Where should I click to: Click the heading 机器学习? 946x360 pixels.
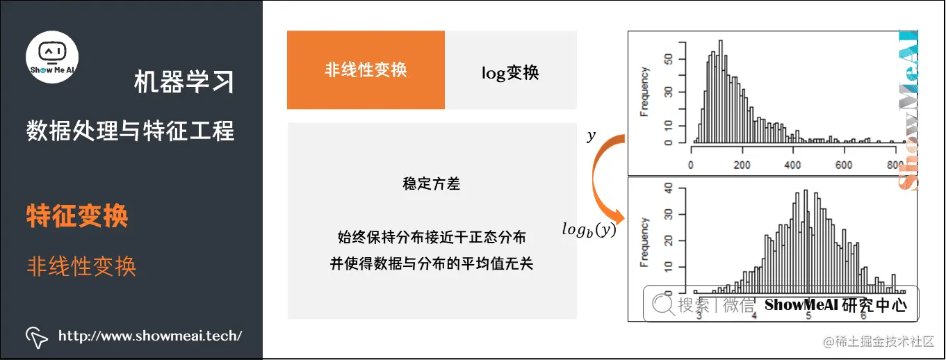coord(184,83)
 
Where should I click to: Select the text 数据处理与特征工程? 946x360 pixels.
coord(130,130)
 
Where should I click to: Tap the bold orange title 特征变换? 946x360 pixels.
coord(77,216)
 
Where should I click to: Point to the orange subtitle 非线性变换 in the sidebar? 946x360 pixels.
coord(81,266)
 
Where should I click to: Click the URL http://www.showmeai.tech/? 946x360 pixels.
coord(150,336)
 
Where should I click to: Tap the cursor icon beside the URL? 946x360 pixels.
coord(36,336)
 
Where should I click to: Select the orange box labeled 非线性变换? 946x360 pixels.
coord(366,69)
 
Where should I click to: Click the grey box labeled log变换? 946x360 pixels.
coord(510,72)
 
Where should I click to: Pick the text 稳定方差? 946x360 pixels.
coord(431,184)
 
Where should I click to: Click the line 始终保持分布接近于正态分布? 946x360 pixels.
coord(431,238)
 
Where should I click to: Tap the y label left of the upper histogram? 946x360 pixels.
coord(592,137)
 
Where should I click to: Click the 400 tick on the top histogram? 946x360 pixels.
coord(792,165)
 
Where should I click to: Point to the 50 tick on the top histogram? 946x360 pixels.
coord(668,60)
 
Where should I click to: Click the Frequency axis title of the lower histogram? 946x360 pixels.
coord(645,243)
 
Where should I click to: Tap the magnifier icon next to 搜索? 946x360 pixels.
coord(662,304)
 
